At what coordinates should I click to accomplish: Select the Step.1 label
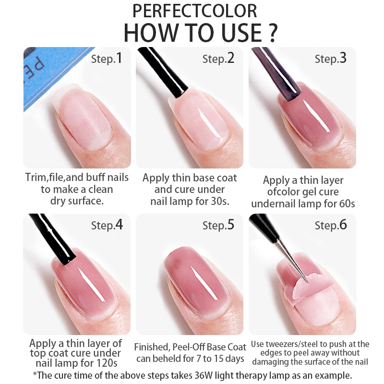pos(107,59)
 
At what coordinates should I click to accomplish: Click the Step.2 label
pos(218,59)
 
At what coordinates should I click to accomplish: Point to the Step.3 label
pos(331,59)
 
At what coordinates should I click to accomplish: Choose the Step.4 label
pos(107,225)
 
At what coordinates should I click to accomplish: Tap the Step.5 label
pos(218,225)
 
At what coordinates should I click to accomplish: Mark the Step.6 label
pos(331,225)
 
